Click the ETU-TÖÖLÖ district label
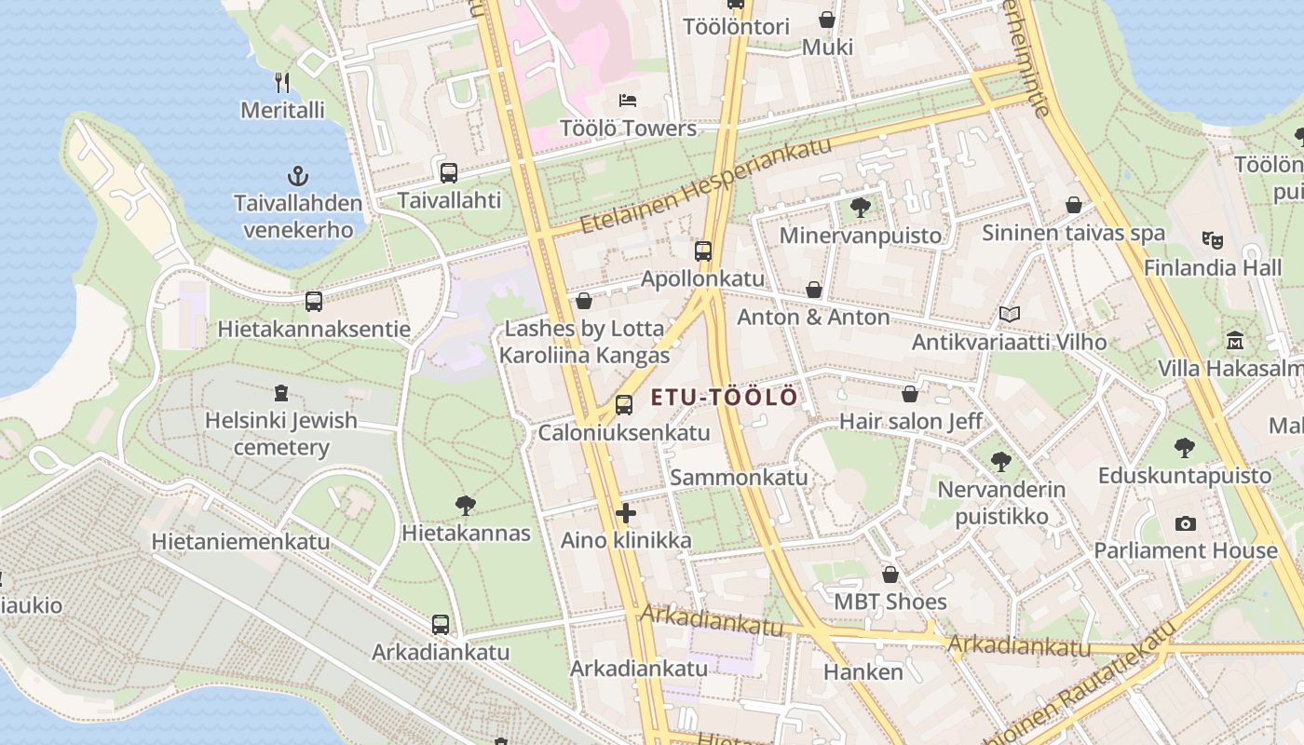coord(724,398)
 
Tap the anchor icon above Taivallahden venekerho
coord(297,175)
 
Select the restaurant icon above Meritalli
coord(283,83)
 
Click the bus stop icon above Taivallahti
coord(449,172)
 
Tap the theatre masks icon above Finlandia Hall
coord(1212,239)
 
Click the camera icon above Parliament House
coord(1185,523)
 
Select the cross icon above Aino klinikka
coord(626,512)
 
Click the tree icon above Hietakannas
coord(466,506)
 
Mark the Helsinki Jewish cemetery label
coord(280,434)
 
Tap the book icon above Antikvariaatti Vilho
coord(1010,315)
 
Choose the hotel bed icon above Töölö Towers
coord(628,101)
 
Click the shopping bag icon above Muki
coord(826,20)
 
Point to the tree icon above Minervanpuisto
coord(861,208)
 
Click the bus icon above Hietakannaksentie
coord(314,302)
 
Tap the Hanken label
coord(863,671)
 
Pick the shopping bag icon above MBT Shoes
coord(890,575)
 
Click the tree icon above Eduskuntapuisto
coord(1184,448)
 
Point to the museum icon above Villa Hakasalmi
coord(1235,341)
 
